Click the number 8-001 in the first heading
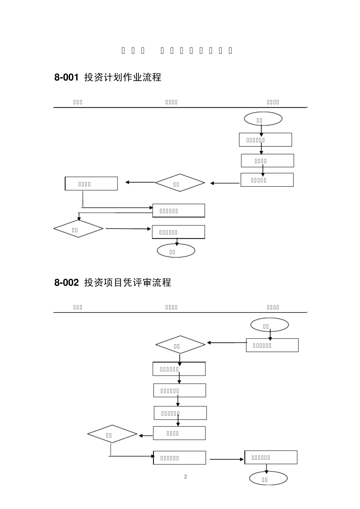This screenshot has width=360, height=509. (x=66, y=78)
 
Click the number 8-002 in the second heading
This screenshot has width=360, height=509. (x=66, y=283)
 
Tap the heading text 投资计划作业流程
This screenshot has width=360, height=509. (x=123, y=78)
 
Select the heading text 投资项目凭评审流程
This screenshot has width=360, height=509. (x=128, y=283)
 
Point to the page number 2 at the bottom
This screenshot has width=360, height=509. (x=185, y=476)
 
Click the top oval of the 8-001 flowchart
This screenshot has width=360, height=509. (x=263, y=119)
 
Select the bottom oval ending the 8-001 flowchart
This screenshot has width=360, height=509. (x=176, y=251)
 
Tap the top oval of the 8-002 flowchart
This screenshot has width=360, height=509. (x=269, y=325)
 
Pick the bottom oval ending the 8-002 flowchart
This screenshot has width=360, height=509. (x=268, y=479)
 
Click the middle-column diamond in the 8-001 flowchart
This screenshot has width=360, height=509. (x=180, y=183)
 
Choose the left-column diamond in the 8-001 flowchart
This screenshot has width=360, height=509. (x=78, y=229)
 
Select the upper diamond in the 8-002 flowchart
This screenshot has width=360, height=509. (x=180, y=345)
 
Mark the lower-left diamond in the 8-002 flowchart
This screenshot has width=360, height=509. (x=112, y=434)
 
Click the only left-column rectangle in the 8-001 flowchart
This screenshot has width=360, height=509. (x=91, y=184)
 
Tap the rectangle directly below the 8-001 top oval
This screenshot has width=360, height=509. (x=265, y=140)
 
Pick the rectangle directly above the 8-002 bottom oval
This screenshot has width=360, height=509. (x=271, y=457)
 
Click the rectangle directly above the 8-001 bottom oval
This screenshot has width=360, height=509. (x=178, y=232)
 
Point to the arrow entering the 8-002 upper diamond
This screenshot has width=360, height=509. (x=227, y=343)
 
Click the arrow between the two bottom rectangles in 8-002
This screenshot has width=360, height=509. (x=227, y=459)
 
